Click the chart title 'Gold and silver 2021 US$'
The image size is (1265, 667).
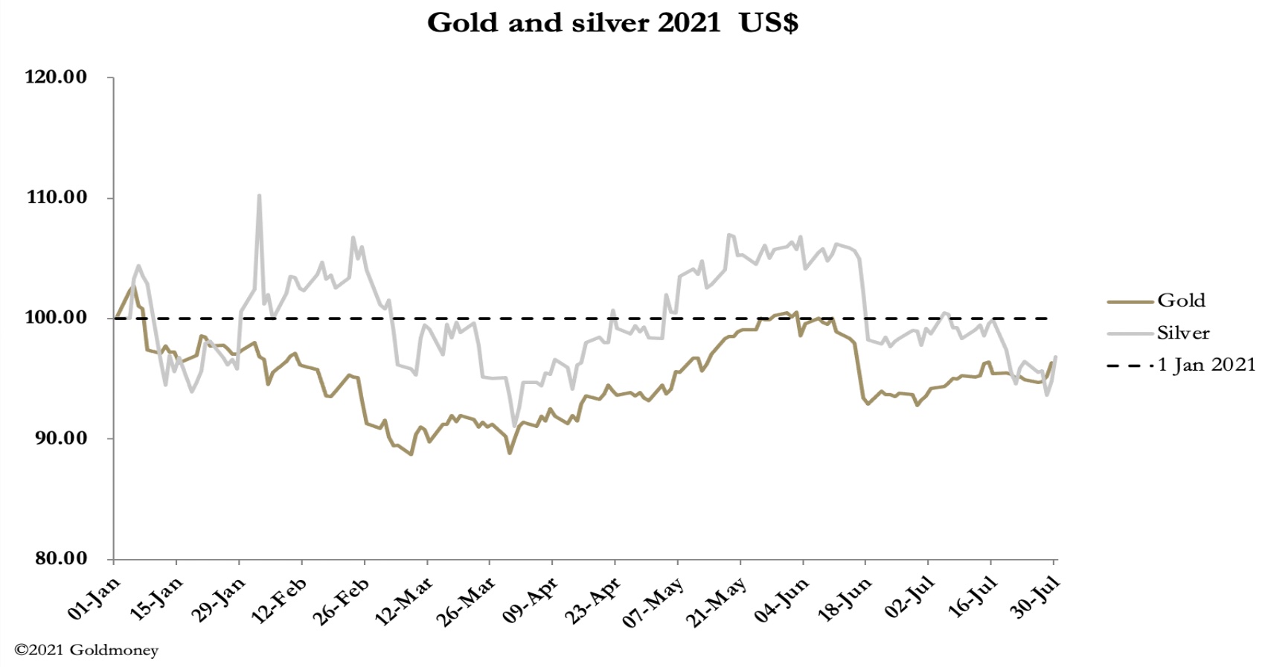612,22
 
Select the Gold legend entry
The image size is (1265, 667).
1181,301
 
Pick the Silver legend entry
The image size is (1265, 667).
1183,333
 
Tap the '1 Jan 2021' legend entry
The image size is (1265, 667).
1205,365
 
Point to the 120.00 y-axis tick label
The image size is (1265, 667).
56,77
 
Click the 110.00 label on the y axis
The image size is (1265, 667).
56,197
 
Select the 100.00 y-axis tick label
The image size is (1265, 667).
56,318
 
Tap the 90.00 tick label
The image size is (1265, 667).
60,438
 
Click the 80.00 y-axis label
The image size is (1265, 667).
60,558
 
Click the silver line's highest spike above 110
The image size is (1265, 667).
259,196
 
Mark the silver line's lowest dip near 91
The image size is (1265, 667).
514,425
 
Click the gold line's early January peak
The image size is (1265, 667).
132,287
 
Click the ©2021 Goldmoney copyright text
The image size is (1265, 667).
86,651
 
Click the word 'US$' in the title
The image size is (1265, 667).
769,22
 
